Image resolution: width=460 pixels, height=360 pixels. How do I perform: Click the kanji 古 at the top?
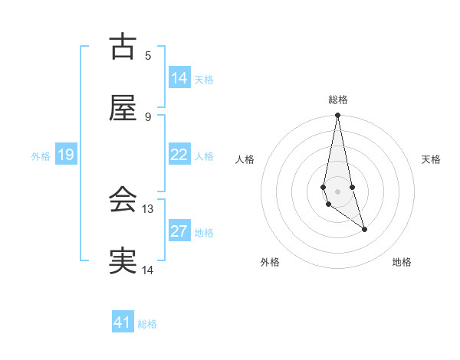(123, 47)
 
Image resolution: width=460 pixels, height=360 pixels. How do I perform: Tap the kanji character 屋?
(123, 109)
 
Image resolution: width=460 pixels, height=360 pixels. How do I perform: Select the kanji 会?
(123, 201)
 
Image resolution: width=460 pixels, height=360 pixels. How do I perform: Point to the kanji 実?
(123, 261)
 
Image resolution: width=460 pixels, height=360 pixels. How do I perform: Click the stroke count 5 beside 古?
(148, 56)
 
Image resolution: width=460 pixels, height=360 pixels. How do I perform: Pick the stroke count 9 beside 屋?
(148, 117)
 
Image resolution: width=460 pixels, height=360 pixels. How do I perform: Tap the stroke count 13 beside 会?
(148, 209)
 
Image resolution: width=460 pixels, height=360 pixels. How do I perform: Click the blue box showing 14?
(179, 78)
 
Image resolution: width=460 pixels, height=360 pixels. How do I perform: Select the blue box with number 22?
(179, 155)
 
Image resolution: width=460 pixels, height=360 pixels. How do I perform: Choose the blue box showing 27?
(179, 231)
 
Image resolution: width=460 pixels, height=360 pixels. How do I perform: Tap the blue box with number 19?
(66, 155)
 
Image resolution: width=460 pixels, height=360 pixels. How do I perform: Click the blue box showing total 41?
(123, 322)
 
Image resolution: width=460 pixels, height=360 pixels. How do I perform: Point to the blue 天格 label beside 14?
(204, 79)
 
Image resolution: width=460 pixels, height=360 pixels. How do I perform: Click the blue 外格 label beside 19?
(41, 155)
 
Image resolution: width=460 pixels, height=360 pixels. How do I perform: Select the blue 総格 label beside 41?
(147, 324)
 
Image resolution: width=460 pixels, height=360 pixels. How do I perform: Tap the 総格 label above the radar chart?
(338, 100)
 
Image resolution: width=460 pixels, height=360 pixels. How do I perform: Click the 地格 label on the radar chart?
(402, 263)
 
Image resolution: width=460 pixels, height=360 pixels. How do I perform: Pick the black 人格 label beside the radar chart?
(245, 159)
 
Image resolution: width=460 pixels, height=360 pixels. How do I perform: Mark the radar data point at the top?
(337, 116)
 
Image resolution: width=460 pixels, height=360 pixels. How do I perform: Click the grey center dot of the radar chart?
(337, 191)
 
